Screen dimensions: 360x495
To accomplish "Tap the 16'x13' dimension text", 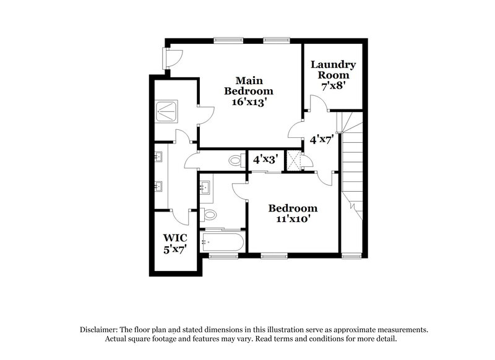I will (x=249, y=101).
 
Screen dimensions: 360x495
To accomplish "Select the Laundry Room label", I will (x=333, y=70).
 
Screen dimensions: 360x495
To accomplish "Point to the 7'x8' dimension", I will (x=333, y=85).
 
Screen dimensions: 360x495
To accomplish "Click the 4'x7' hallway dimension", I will (x=322, y=140).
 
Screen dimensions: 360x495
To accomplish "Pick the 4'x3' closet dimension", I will (x=265, y=159).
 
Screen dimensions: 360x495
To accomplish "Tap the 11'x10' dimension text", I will (x=293, y=218).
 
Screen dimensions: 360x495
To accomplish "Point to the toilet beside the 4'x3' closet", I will (x=235, y=161).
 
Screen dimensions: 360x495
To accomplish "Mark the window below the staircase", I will (x=352, y=255).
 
